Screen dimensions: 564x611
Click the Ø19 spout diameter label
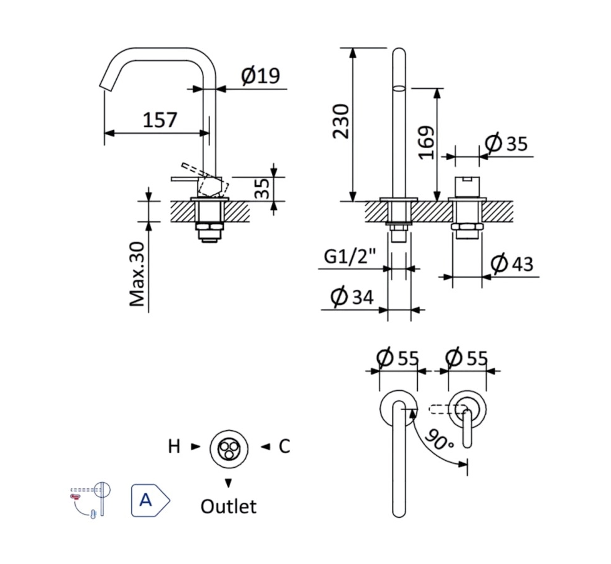pyautogui.click(x=260, y=76)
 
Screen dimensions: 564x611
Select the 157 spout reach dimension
pyautogui.click(x=160, y=119)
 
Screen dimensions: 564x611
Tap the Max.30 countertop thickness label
pyautogui.click(x=138, y=274)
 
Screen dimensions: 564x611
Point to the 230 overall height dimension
pyautogui.click(x=340, y=121)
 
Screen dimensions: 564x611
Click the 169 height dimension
pyautogui.click(x=425, y=143)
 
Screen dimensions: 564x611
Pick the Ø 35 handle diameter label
pyautogui.click(x=506, y=144)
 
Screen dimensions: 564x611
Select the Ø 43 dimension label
pyautogui.click(x=512, y=263)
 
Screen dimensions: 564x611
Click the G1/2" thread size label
pyautogui.click(x=348, y=256)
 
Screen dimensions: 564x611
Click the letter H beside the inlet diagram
pyautogui.click(x=174, y=446)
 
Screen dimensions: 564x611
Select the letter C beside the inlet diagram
pyautogui.click(x=284, y=446)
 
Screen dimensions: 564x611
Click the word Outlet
pyautogui.click(x=228, y=506)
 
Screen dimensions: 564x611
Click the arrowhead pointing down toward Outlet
pyautogui.click(x=228, y=483)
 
